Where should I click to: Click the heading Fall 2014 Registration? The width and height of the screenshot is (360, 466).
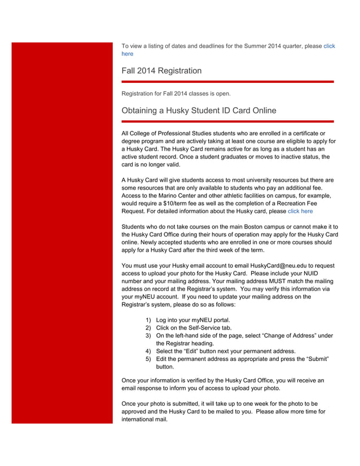(161, 71)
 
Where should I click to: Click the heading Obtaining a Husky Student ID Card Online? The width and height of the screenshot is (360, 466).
(199, 111)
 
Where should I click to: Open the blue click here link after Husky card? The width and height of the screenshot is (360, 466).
(300, 211)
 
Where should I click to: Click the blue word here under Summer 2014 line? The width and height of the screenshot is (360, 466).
(128, 54)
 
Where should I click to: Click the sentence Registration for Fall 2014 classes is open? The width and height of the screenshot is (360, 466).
(176, 93)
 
